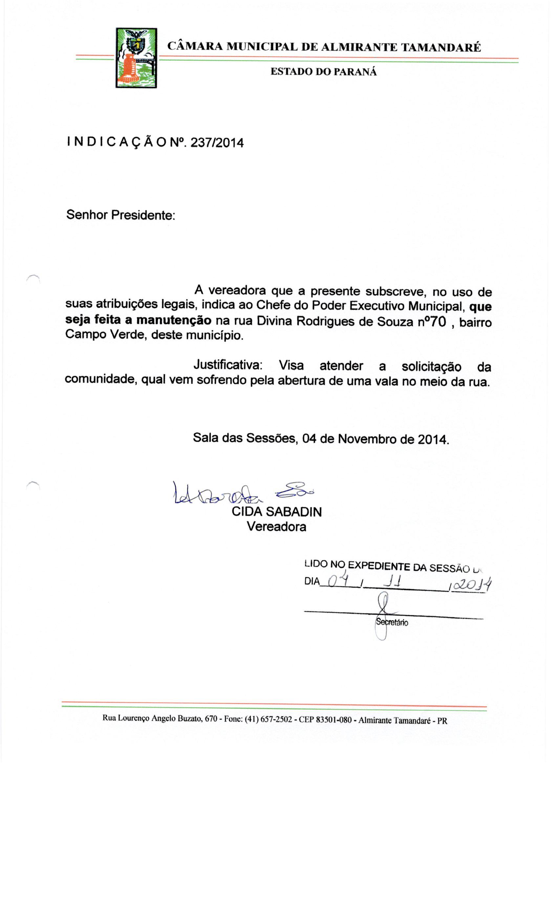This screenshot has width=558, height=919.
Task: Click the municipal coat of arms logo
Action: coord(136,58)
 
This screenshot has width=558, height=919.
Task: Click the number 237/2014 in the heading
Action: coord(217,143)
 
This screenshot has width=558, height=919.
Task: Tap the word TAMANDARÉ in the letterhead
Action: coord(440,47)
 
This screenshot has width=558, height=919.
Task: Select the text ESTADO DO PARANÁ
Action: coord(323,72)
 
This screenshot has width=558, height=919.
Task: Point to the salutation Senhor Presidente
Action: coord(120,215)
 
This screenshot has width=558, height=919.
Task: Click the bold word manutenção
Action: coord(174,320)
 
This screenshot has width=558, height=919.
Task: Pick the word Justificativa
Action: coord(228,365)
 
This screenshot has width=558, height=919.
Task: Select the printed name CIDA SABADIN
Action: coord(276,512)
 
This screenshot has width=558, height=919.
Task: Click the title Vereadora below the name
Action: coord(276,527)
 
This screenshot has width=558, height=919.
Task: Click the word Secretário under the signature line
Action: coord(392,623)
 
